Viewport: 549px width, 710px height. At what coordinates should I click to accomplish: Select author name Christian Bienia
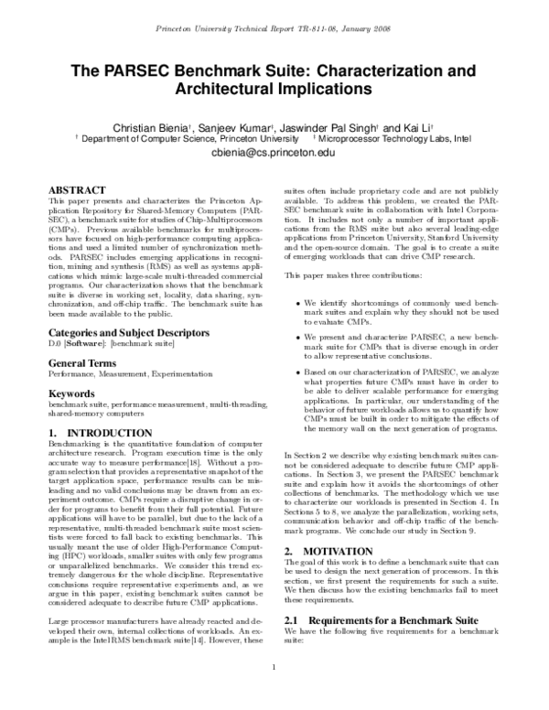151,125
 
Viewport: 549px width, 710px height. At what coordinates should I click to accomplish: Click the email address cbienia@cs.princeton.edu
274,155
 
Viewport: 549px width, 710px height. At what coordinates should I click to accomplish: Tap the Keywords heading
73,369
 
